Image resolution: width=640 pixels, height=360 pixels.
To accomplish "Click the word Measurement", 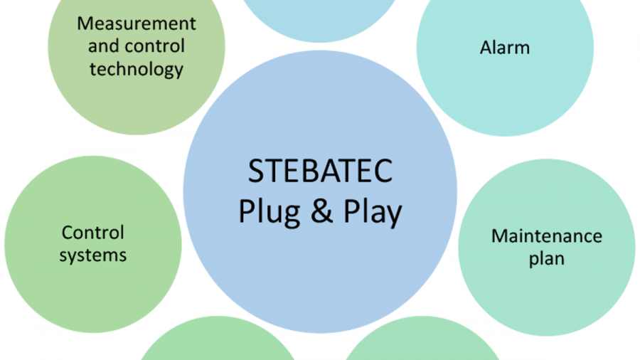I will coord(137,23).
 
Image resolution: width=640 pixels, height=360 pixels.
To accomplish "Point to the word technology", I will coord(137,69).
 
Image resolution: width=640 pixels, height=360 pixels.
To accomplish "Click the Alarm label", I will coord(505,48).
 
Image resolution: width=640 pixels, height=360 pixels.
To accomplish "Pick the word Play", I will coord(372,213).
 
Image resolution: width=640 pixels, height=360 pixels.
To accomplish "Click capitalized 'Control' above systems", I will coord(93,233).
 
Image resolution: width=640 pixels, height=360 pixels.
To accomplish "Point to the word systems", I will coord(93,255).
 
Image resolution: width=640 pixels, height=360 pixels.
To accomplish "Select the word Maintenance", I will coord(547,235).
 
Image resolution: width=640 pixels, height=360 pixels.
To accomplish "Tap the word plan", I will coord(547,258).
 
